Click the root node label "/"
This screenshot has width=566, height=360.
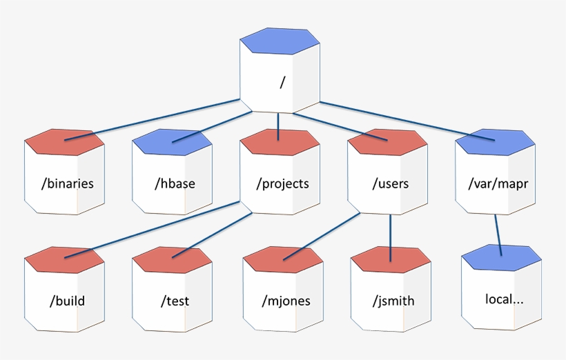282,82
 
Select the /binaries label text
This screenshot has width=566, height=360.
68,183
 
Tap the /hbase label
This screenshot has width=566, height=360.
175,183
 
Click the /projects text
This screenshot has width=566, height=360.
282,183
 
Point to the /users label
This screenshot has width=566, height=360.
390,183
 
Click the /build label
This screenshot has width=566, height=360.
67,301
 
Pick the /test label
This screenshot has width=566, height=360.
175,301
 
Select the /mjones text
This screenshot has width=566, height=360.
286,301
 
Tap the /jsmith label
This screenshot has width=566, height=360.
393,301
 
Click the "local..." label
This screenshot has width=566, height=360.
504,299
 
